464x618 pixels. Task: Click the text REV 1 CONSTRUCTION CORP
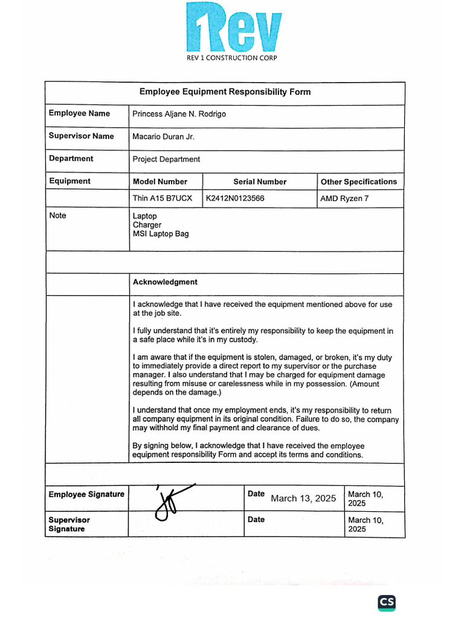(233, 58)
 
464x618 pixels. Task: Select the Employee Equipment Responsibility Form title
(225, 92)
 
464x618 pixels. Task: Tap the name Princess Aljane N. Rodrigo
(179, 114)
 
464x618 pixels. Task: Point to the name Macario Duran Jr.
(163, 136)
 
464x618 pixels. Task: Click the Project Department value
(166, 159)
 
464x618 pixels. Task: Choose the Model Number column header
(159, 182)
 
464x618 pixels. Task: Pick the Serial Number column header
(260, 182)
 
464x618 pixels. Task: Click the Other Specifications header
(358, 182)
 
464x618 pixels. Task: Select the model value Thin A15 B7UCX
(161, 198)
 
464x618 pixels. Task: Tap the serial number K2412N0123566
(235, 198)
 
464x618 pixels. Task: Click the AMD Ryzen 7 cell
(344, 198)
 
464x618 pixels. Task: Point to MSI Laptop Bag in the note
(160, 234)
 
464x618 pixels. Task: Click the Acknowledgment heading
(165, 282)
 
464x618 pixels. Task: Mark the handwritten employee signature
(169, 501)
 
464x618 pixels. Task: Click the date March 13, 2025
(303, 499)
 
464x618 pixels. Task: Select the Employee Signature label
(86, 494)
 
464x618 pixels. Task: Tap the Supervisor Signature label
(69, 524)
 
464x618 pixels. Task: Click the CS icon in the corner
(387, 602)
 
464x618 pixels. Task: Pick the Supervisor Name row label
(81, 136)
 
